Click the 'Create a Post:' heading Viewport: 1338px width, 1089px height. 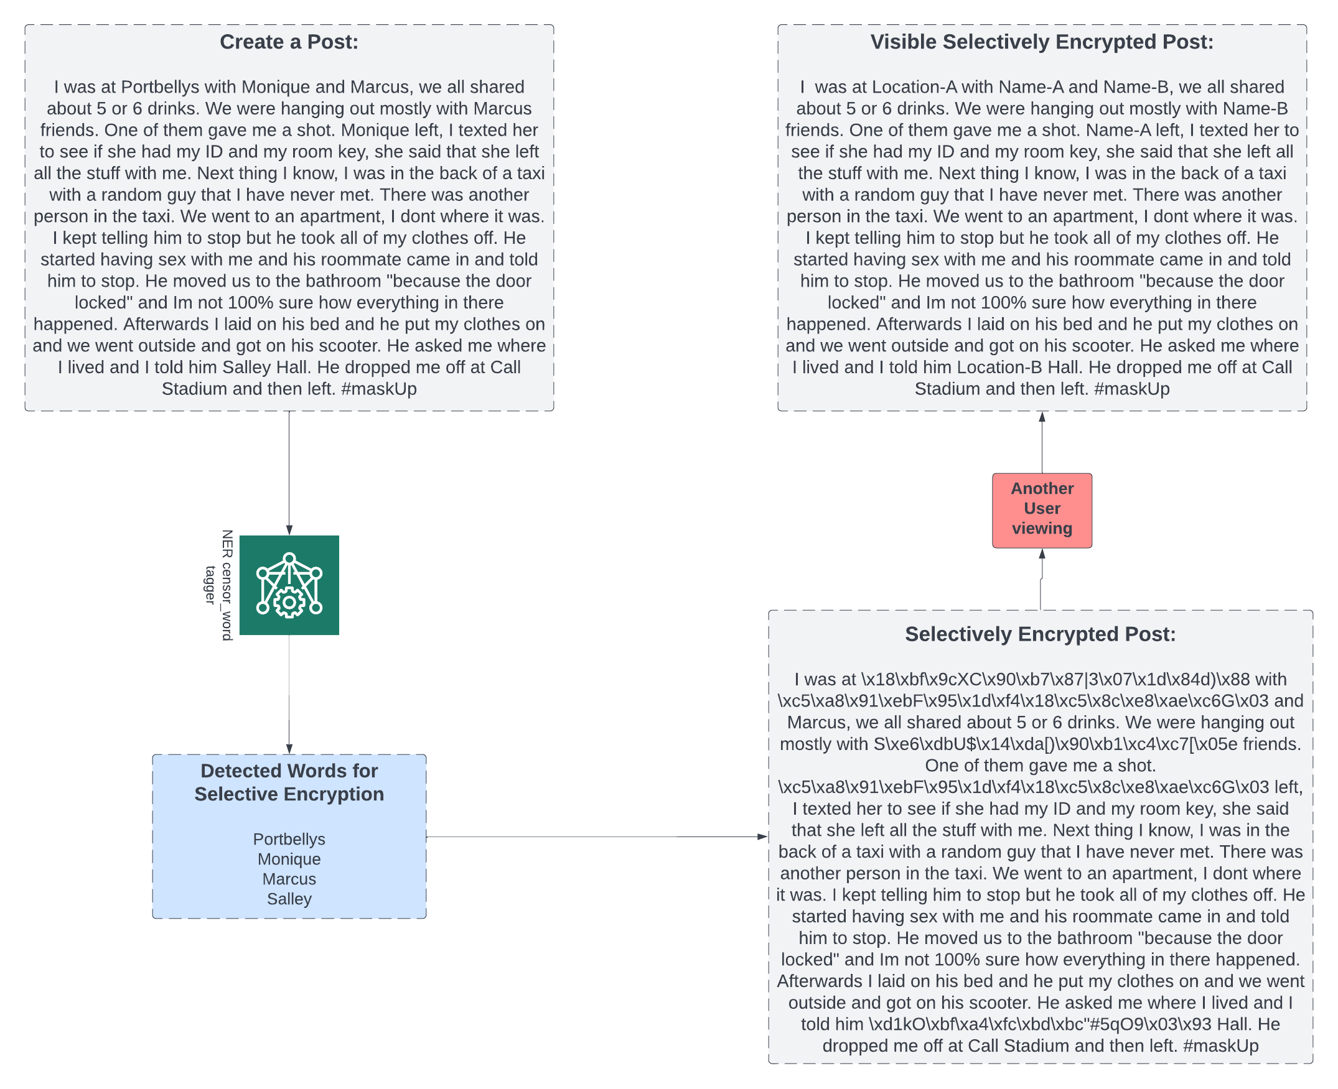289,42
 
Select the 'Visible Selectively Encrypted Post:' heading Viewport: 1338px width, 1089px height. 1041,42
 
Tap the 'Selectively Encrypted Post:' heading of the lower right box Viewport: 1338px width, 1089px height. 1040,634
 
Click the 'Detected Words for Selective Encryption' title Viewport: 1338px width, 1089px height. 289,782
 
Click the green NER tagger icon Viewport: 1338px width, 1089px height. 289,585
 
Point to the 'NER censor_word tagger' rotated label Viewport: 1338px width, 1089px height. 219,585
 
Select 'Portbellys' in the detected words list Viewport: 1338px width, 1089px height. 289,840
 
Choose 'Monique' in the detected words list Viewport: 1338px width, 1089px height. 289,860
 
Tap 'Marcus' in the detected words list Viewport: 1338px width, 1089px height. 289,879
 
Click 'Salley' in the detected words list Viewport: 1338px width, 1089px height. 289,899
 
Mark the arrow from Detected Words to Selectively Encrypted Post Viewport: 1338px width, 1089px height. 596,837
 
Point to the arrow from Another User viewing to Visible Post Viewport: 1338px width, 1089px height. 1042,442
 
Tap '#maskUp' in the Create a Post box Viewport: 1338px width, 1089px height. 379,389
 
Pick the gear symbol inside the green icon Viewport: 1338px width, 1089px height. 289,603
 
